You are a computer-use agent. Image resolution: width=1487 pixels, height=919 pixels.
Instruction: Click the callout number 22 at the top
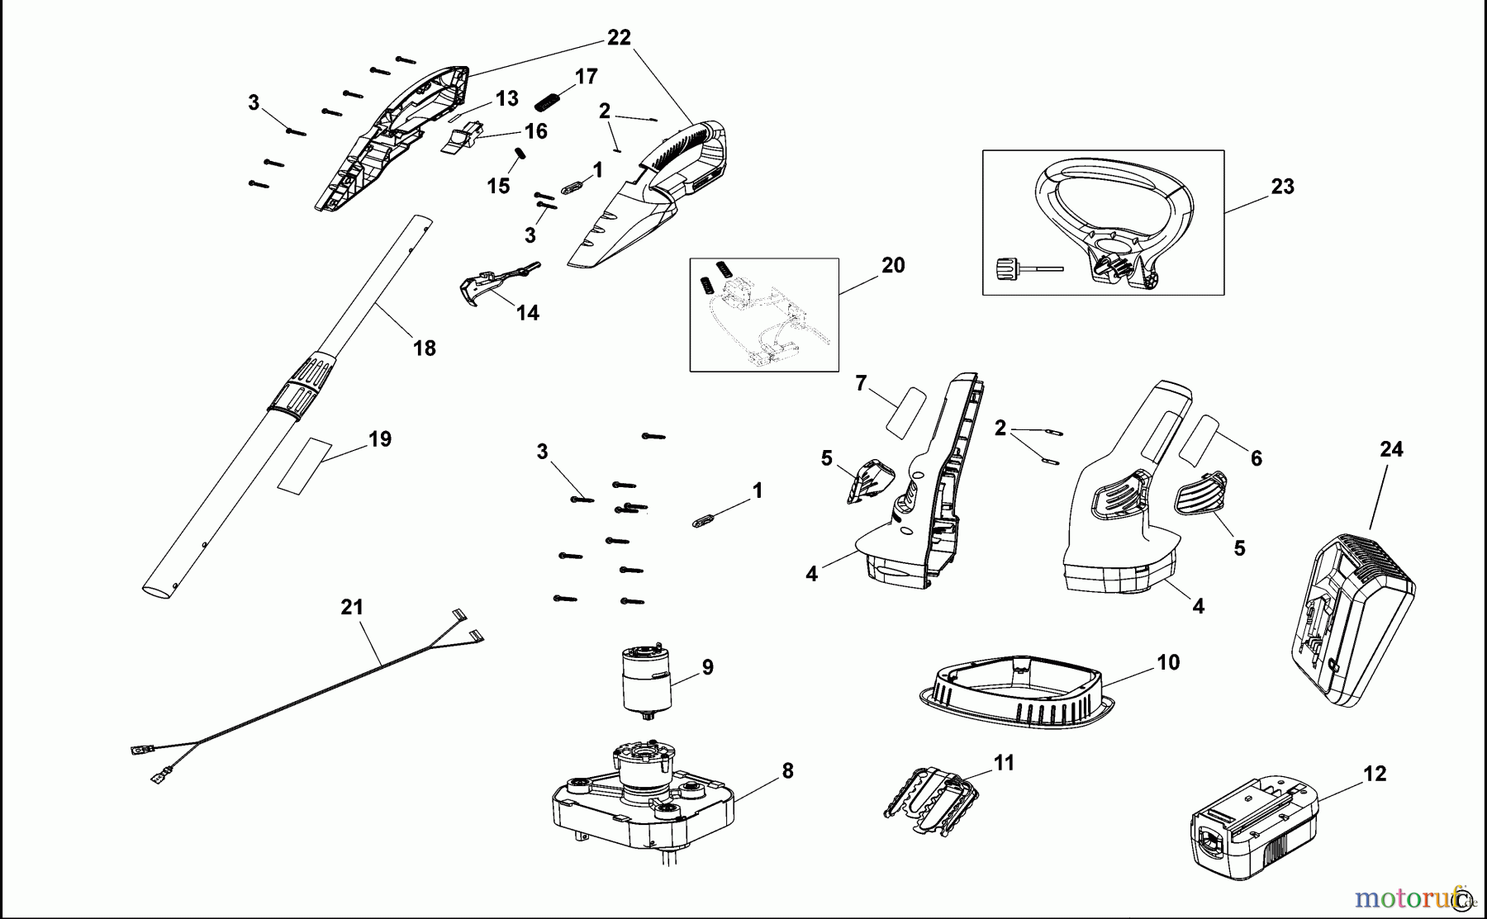click(x=618, y=37)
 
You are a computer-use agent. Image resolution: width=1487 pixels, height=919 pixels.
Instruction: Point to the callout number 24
click(x=1391, y=449)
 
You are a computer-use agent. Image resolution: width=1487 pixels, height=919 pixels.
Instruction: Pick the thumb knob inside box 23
click(x=1006, y=268)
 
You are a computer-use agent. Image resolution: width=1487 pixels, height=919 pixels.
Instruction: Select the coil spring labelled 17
click(x=547, y=102)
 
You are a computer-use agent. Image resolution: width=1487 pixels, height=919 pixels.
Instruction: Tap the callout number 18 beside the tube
click(x=424, y=348)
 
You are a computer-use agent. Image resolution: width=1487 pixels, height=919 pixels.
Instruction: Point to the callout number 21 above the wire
click(x=352, y=607)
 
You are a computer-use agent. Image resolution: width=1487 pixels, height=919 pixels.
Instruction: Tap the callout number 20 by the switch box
click(x=893, y=265)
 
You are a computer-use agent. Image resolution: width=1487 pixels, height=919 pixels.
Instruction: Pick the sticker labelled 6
click(x=1198, y=439)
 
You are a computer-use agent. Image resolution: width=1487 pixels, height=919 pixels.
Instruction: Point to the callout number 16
click(x=535, y=131)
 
